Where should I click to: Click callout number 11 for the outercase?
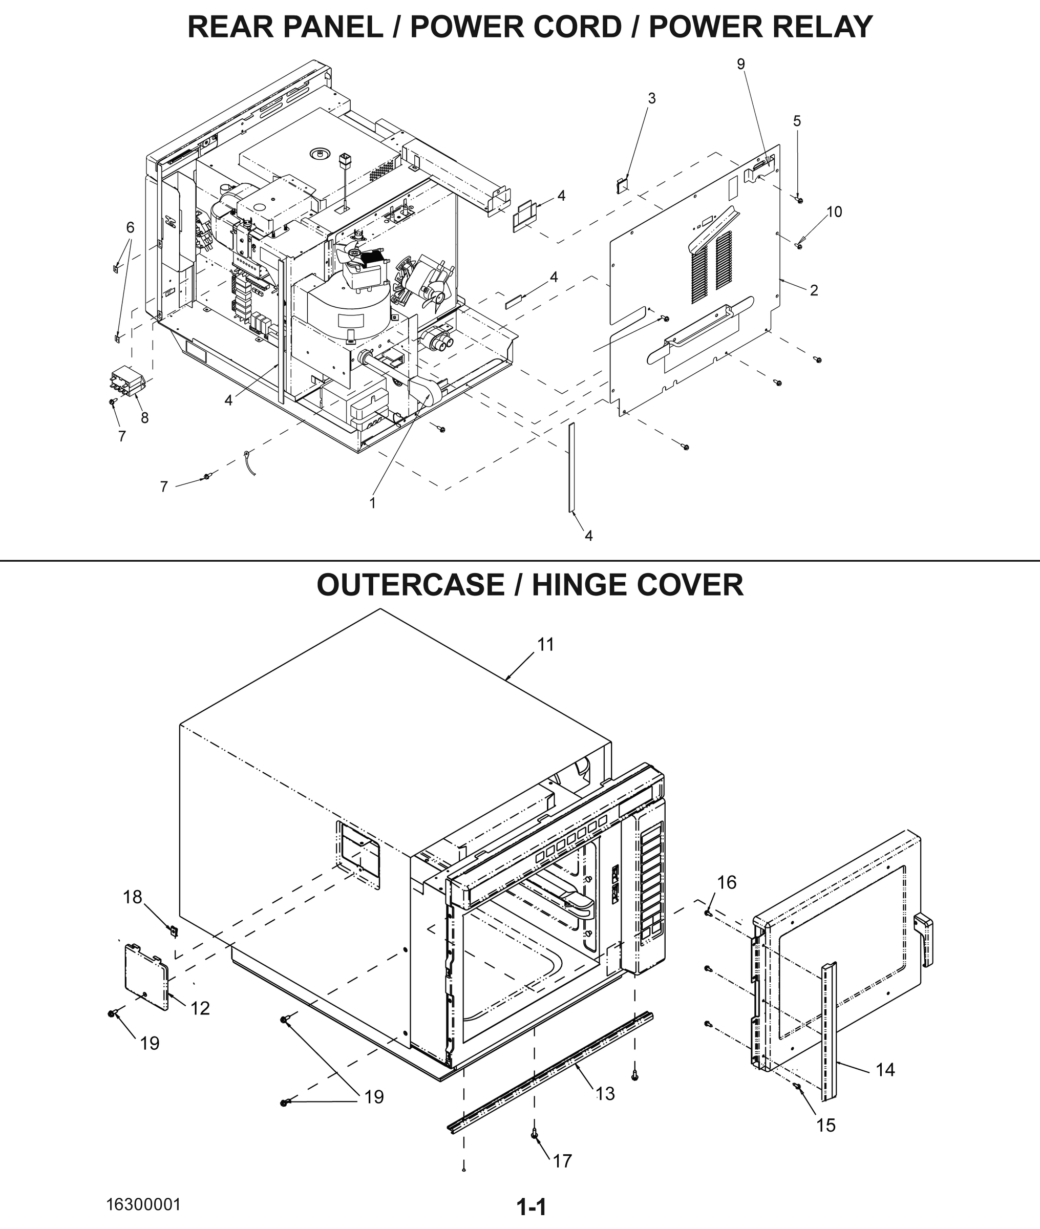pos(545,645)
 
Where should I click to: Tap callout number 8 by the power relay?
pos(144,418)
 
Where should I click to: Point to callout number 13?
pos(605,1093)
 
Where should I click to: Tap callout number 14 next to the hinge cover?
pos(885,1069)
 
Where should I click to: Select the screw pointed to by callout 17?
pos(534,1134)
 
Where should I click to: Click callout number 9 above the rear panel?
pos(741,63)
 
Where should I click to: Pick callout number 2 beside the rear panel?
pos(814,290)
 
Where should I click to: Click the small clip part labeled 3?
pos(621,184)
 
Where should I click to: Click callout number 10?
pos(834,211)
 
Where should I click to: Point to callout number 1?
pos(373,503)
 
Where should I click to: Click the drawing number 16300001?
pos(143,1204)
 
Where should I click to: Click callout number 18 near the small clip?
pos(133,897)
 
